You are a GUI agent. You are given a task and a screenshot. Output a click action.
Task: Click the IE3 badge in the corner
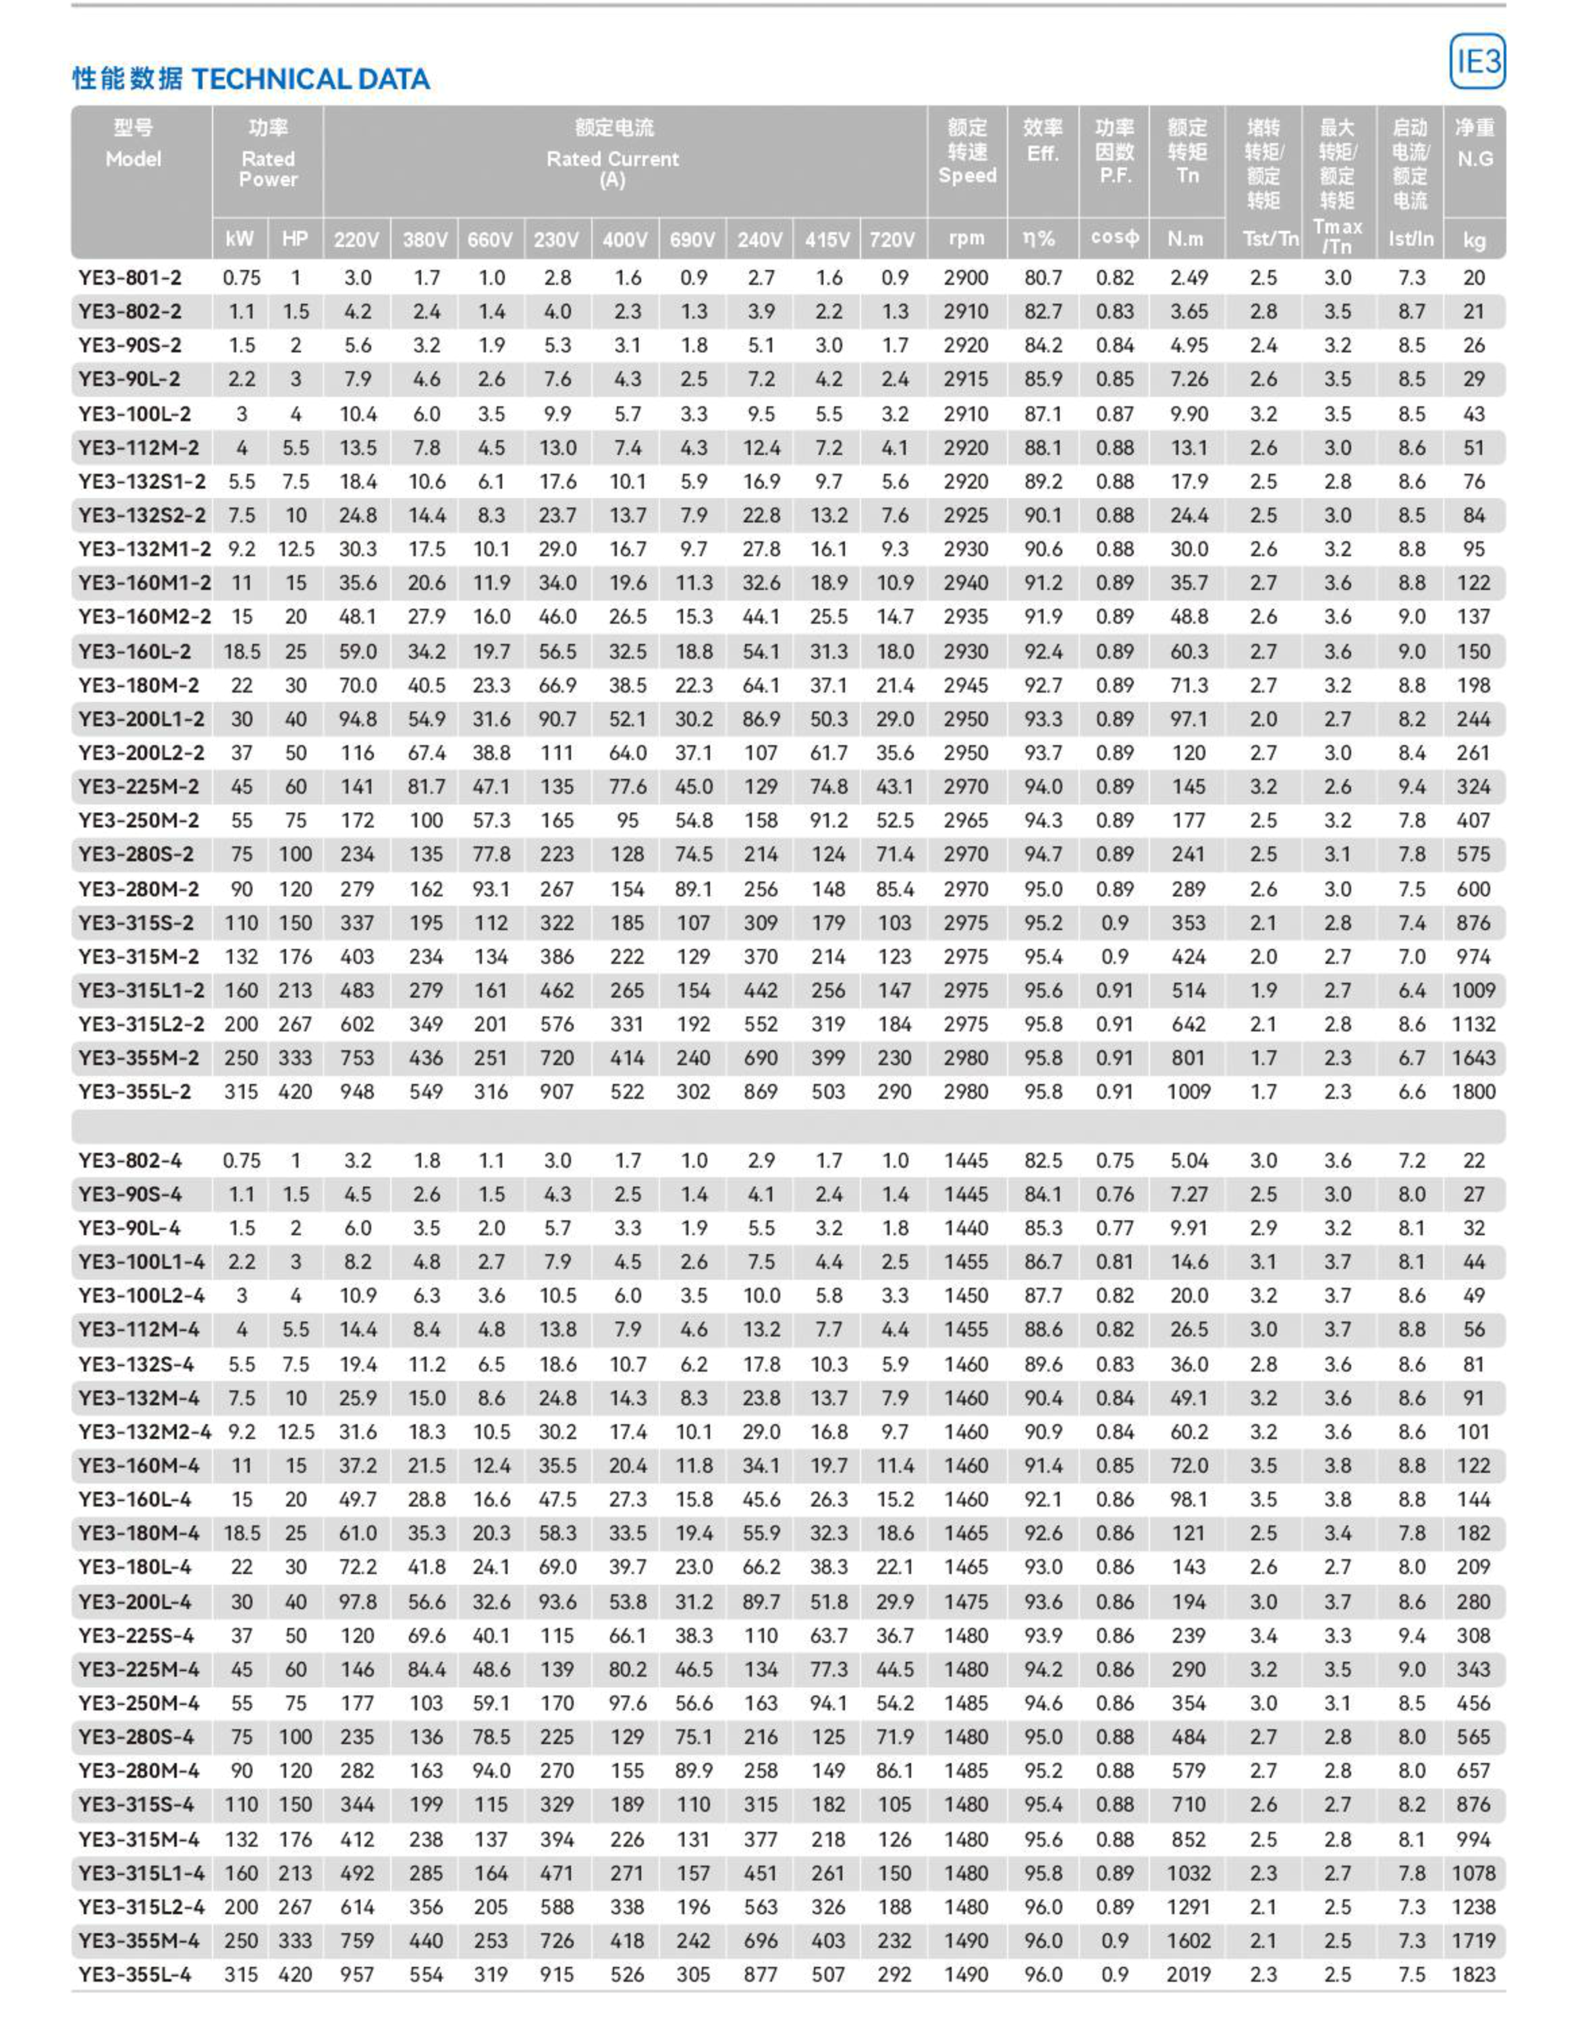(1476, 61)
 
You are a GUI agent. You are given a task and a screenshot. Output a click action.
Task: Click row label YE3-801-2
(130, 277)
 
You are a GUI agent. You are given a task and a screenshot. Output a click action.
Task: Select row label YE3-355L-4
(135, 1974)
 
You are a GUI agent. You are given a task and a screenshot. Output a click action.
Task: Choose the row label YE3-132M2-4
(144, 1432)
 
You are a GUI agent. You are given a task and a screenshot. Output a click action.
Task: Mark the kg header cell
(1473, 240)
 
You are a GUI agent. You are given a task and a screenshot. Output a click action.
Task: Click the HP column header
(295, 239)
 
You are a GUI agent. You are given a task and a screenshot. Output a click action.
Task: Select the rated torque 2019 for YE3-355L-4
(1189, 1974)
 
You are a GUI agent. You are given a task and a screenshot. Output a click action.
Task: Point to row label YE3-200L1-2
(142, 719)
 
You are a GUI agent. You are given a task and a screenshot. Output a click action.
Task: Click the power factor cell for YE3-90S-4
(1114, 1193)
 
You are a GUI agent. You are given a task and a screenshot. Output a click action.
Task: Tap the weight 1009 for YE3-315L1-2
(1473, 990)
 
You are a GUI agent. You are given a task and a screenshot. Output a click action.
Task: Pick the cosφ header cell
(1114, 238)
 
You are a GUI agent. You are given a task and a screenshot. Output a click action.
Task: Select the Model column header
(133, 158)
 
